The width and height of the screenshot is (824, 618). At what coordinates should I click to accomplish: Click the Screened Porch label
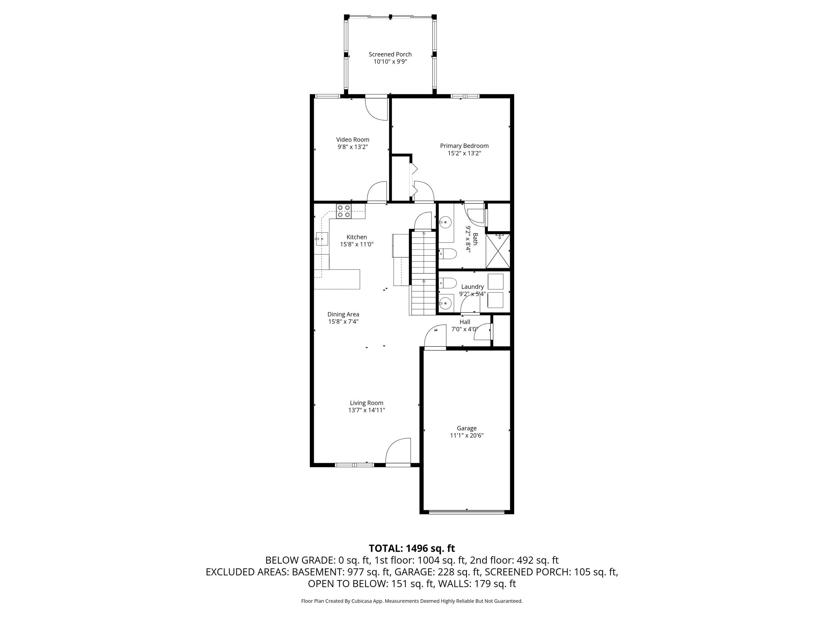coord(390,54)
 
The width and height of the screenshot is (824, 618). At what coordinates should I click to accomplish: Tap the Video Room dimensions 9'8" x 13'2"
coord(353,147)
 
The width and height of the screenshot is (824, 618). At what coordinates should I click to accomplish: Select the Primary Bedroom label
coord(464,146)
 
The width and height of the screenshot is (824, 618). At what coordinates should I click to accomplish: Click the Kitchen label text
coord(357,237)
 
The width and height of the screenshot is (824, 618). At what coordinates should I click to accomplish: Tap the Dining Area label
coord(343,314)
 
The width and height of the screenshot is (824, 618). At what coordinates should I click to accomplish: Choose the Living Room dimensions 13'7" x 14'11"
coord(367,410)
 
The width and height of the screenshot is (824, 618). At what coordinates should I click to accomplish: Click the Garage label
coord(467,428)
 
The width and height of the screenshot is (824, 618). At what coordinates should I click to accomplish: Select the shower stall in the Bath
coord(498,250)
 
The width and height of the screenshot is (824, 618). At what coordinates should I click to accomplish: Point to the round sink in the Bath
coord(445,222)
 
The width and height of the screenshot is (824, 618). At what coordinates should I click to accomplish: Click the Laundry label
coord(472,287)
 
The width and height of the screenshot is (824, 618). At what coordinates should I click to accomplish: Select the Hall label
coord(464,322)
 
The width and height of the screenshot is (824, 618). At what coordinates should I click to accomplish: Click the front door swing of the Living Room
coord(398,451)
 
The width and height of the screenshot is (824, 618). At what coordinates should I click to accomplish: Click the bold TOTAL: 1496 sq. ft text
coord(412,548)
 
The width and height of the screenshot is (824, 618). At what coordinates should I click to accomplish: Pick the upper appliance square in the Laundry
coord(495,281)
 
